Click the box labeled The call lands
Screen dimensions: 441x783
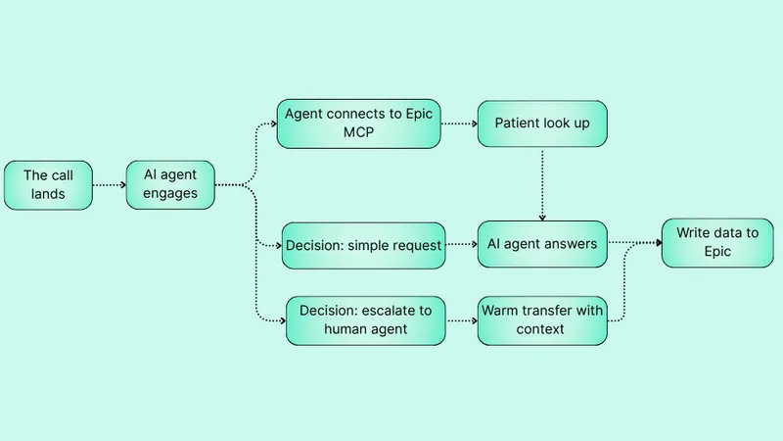click(x=49, y=184)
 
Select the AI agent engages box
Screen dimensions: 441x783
click(x=170, y=184)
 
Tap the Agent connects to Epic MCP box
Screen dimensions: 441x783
click(x=357, y=123)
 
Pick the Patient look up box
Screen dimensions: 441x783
click(x=542, y=123)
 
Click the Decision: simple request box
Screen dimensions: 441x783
click(x=362, y=244)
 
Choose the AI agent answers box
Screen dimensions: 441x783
click(x=542, y=244)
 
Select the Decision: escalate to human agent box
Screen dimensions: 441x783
click(x=364, y=319)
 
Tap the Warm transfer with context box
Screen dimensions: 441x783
click(x=542, y=319)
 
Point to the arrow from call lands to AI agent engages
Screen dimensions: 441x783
click(x=110, y=184)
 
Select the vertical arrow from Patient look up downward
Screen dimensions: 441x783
click(x=542, y=186)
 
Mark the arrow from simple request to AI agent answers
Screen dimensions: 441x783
click(x=460, y=244)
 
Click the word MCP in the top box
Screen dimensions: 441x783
click(x=357, y=134)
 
